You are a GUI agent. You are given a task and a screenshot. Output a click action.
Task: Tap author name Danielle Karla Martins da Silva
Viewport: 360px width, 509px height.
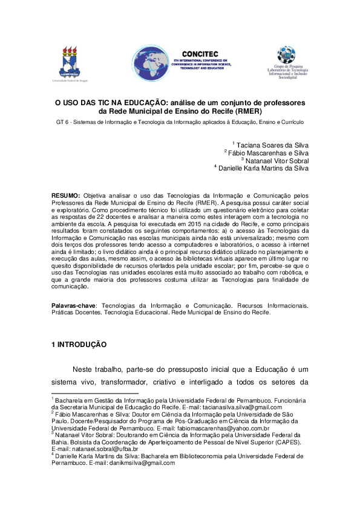264,169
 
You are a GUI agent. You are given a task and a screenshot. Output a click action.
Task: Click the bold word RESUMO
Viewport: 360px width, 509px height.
65,196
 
